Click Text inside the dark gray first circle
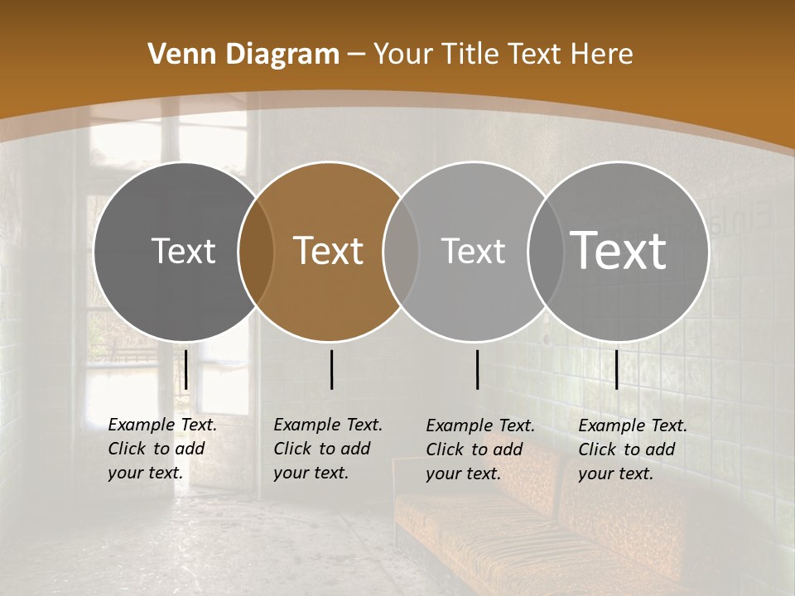(183, 251)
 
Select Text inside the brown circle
(329, 251)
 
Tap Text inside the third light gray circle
(473, 251)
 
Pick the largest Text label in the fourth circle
(619, 251)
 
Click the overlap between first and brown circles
(256, 251)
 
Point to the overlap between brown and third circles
(401, 251)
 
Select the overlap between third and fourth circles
(546, 251)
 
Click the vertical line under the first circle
(186, 369)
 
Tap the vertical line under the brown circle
(331, 369)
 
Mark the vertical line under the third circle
(477, 369)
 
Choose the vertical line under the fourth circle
(616, 369)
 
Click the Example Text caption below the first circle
(161, 449)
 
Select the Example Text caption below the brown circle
(327, 449)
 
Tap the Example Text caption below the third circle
(479, 449)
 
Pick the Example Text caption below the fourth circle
(632, 449)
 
